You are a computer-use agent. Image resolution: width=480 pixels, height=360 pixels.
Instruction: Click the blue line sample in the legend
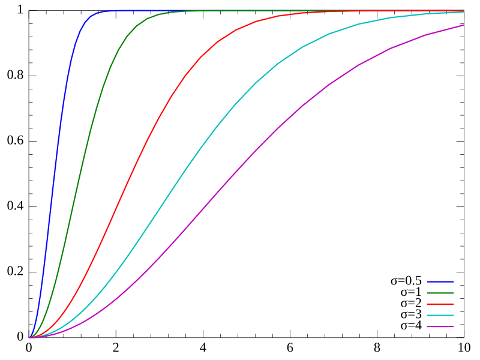click(x=440, y=281)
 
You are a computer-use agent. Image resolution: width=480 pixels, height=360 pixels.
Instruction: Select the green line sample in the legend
click(x=440, y=293)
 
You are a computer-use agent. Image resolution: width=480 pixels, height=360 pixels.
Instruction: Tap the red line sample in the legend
click(x=440, y=304)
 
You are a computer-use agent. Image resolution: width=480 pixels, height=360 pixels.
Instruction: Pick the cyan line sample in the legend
click(x=440, y=316)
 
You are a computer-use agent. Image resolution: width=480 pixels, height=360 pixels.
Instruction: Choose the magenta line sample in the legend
click(x=440, y=327)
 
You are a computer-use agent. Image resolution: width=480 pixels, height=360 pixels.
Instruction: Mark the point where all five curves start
click(x=29, y=338)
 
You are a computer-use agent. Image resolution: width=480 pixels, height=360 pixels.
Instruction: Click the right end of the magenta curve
click(x=463, y=25)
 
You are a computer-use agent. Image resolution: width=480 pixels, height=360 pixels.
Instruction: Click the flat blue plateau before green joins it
click(x=138, y=10)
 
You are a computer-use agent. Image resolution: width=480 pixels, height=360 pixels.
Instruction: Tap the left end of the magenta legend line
click(x=428, y=327)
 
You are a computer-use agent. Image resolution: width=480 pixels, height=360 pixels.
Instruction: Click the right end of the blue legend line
click(x=453, y=281)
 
